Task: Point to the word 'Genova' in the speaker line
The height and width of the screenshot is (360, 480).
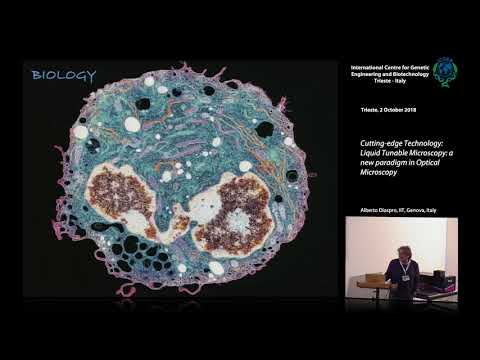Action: [421, 210]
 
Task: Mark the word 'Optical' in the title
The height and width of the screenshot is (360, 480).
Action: [437, 161]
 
